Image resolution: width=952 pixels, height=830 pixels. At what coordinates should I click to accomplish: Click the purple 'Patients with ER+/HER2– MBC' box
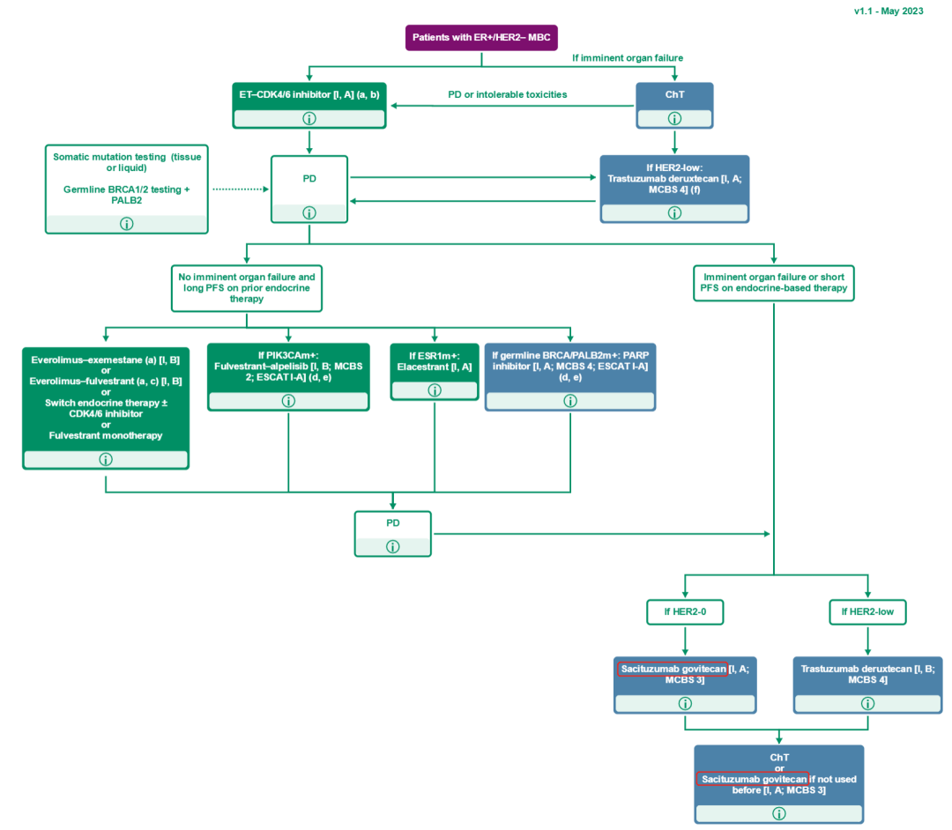[x=481, y=38]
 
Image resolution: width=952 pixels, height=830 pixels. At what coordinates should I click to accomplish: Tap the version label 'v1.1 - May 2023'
[x=889, y=11]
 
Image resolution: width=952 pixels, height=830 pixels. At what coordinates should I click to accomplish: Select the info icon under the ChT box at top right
[x=674, y=118]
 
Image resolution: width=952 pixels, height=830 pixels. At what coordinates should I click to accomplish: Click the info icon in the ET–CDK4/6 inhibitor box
[x=309, y=118]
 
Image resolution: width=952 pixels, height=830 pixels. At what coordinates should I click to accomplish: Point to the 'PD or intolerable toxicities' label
[x=507, y=94]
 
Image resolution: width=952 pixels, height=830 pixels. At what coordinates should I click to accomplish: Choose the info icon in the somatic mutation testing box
[x=126, y=224]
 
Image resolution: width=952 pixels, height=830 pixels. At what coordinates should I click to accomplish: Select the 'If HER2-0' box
[x=685, y=611]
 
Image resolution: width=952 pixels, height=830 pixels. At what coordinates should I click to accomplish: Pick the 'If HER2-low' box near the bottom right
[x=867, y=611]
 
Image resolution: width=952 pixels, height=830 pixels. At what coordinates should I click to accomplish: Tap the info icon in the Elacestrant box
[x=435, y=401]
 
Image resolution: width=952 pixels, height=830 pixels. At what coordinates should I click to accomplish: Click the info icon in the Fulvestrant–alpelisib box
[x=288, y=401]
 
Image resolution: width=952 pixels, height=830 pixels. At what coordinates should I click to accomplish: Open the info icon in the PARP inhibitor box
[x=570, y=401]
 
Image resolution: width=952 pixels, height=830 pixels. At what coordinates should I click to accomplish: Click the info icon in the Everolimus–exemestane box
[x=106, y=459]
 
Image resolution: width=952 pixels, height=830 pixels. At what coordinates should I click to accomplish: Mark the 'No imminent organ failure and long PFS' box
[x=246, y=288]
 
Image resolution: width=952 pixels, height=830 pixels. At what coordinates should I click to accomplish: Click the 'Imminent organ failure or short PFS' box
[x=773, y=282]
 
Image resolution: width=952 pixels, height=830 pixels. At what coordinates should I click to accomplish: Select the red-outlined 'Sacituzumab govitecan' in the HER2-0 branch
[x=672, y=669]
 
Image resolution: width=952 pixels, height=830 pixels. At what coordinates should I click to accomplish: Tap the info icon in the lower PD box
[x=393, y=546]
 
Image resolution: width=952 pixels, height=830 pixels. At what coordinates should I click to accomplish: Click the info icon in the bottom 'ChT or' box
[x=778, y=813]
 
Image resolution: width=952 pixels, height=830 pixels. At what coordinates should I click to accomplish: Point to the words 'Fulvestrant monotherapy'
[x=106, y=436]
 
